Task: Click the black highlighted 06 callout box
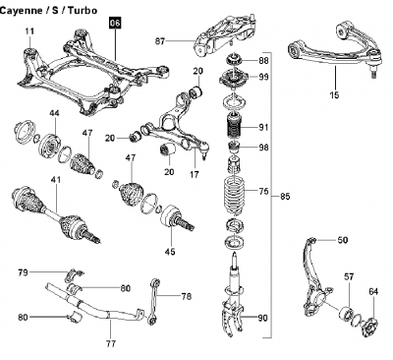click(x=115, y=24)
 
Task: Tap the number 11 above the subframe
click(x=29, y=31)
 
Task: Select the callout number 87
click(x=160, y=41)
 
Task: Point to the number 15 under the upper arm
click(x=335, y=95)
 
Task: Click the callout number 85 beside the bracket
click(x=285, y=197)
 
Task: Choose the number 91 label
click(x=263, y=127)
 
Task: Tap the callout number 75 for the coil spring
click(x=263, y=191)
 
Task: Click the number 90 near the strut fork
click(x=262, y=318)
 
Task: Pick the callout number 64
click(x=373, y=291)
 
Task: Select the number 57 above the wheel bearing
click(x=349, y=277)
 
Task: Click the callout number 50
click(x=343, y=240)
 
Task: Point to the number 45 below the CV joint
click(x=170, y=252)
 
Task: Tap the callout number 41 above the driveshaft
click(x=56, y=180)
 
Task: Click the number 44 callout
click(x=54, y=113)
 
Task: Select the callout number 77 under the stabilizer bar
click(x=111, y=344)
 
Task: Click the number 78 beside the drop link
click(x=187, y=297)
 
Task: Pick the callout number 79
click(x=23, y=272)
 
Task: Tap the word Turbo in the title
click(x=84, y=10)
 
